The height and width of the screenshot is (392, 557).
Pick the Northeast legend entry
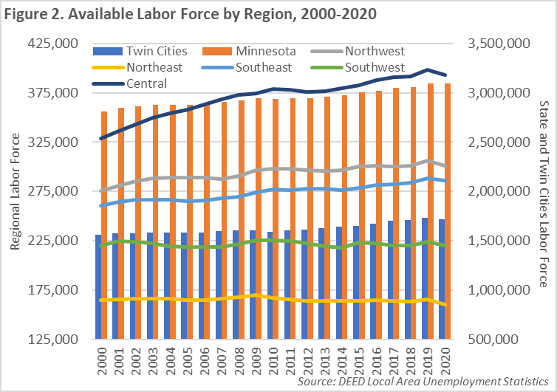(x=157, y=67)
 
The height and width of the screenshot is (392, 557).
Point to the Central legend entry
(x=146, y=83)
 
